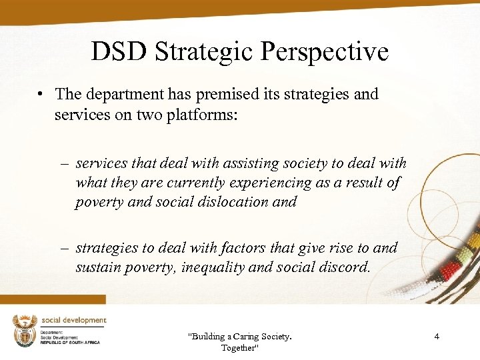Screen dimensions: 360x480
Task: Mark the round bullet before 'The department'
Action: (x=41, y=95)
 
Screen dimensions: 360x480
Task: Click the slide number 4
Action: (x=437, y=337)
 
